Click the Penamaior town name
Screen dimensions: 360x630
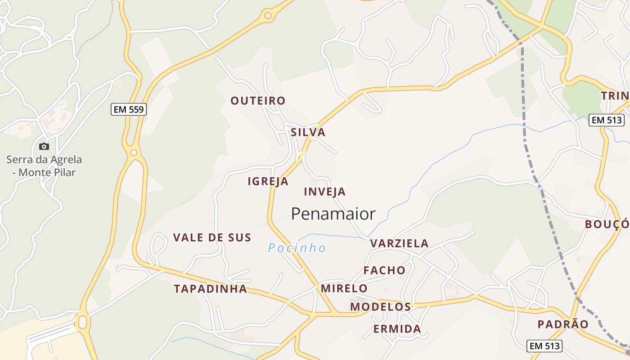point(333,214)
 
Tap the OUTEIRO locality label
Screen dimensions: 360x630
point(258,101)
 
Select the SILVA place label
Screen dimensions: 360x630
point(308,132)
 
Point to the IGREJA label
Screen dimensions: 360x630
point(268,181)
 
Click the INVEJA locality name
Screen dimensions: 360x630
point(324,192)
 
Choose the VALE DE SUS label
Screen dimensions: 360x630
point(212,238)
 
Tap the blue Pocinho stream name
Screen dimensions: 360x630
point(297,248)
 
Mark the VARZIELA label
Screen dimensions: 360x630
point(399,243)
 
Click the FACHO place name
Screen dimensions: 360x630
point(384,270)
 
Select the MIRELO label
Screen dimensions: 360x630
point(344,288)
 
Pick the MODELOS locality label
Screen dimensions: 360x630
point(380,307)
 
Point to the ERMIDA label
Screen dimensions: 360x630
point(397,329)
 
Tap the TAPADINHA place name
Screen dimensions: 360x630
point(211,289)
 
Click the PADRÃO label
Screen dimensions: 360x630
point(563,324)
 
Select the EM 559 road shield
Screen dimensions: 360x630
point(129,109)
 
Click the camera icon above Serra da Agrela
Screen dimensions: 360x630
point(44,146)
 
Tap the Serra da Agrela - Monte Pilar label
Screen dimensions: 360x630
point(44,166)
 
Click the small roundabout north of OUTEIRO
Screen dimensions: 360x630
point(268,16)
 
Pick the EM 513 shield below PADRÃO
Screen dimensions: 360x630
point(544,346)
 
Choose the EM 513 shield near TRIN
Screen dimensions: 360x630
point(607,120)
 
